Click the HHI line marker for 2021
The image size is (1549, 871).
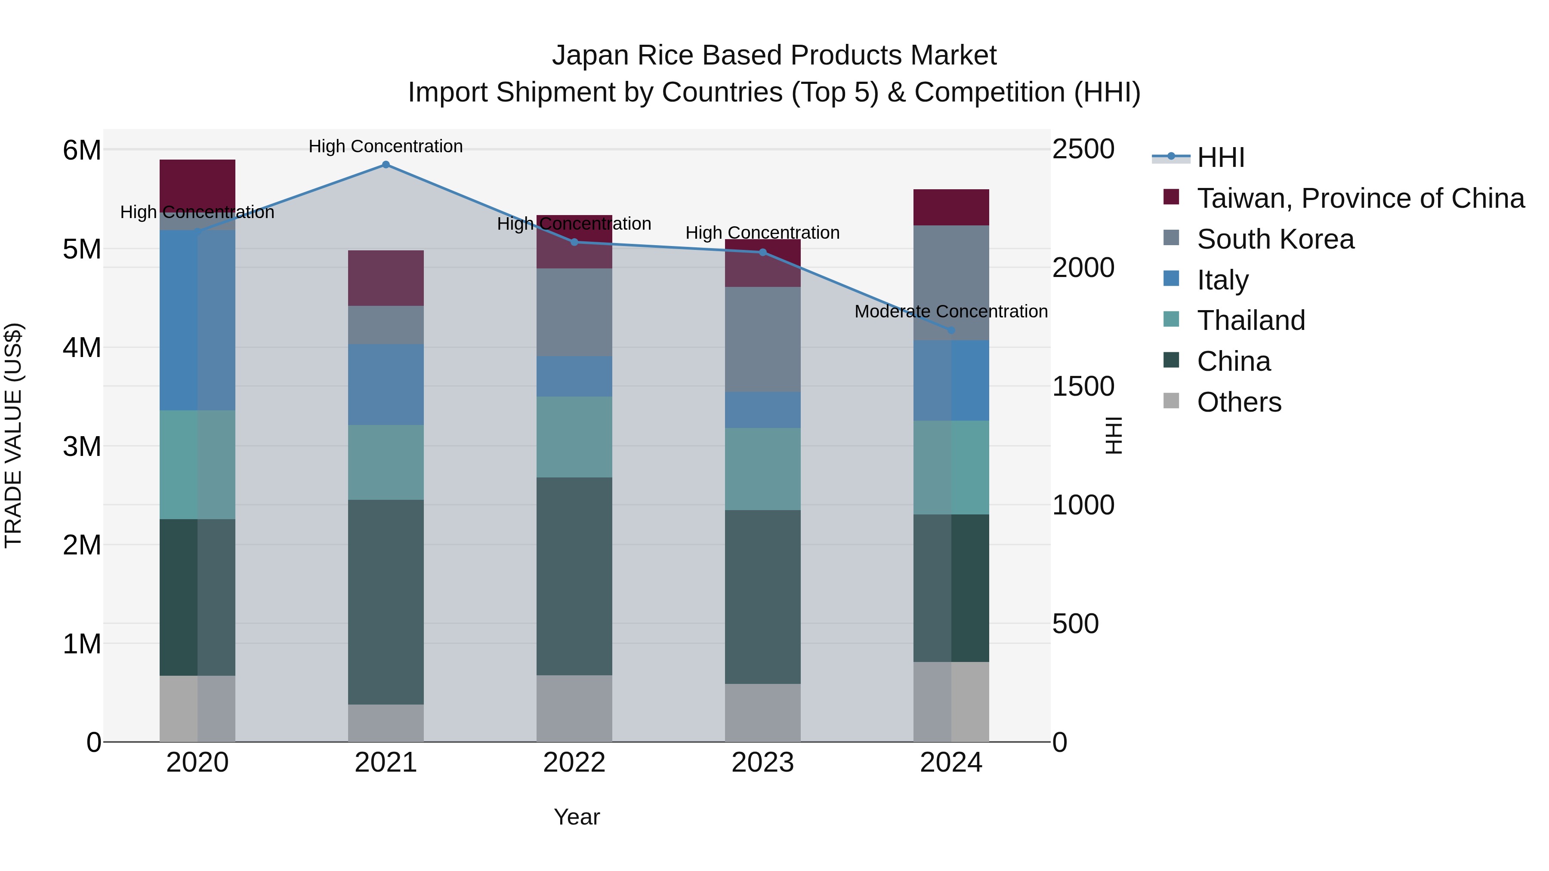[386, 165]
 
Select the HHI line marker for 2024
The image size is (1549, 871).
[951, 330]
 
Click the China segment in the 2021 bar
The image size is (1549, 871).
[386, 602]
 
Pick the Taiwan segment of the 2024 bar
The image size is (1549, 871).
[951, 207]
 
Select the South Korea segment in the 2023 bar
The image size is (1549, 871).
[762, 340]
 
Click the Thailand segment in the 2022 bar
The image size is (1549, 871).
[574, 437]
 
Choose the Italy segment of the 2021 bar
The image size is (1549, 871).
[386, 385]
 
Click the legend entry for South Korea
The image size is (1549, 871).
[1275, 239]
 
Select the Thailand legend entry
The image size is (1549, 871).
[1251, 320]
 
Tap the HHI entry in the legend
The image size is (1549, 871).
[1220, 157]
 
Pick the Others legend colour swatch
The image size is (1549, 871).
[1171, 401]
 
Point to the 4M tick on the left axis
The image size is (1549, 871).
[82, 348]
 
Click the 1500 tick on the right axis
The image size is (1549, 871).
[1083, 387]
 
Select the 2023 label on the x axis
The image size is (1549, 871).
[762, 763]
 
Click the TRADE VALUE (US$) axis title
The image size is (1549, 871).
[13, 435]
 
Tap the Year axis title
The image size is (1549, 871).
[577, 817]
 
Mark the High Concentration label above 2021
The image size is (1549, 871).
[386, 146]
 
